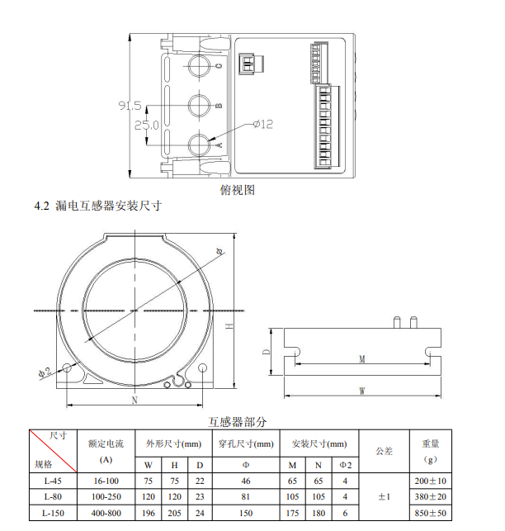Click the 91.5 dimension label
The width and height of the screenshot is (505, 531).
130,106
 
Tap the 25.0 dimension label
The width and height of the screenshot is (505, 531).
147,126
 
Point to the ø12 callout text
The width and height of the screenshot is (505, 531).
263,124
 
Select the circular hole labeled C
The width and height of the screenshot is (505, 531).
199,66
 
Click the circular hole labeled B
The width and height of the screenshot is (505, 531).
199,106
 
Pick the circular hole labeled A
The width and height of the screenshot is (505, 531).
199,145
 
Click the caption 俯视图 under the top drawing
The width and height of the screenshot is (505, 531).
238,190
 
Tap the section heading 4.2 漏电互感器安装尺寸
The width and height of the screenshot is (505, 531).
98,206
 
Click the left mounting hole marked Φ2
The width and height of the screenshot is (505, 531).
68,367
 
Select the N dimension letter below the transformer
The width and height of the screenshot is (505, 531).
135,400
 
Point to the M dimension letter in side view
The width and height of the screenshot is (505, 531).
362,358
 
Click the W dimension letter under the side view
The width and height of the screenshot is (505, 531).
362,391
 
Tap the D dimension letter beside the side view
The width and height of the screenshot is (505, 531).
267,352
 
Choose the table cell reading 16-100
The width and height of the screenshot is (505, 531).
106,481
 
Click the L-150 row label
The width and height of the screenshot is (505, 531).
53,513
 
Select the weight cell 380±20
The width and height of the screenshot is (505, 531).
431,497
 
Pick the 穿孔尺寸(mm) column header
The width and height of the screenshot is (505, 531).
246,443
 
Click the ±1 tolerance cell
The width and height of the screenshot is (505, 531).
385,497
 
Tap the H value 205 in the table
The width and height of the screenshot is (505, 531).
174,513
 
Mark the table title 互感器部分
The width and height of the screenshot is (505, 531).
238,422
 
